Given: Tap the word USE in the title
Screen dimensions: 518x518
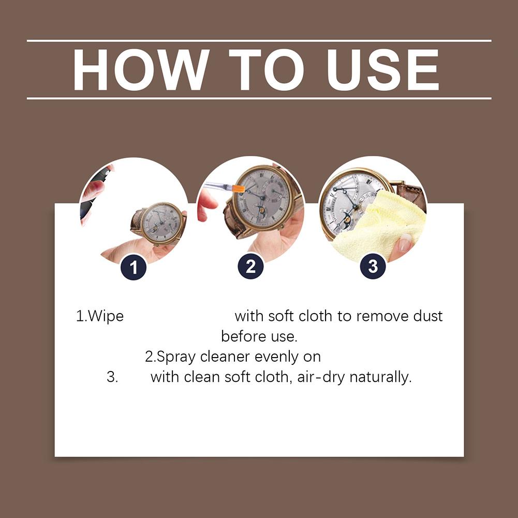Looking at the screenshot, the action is tap(383, 70).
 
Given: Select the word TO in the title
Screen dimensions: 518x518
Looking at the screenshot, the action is tap(267, 70).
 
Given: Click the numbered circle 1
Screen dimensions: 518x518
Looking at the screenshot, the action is tap(134, 267).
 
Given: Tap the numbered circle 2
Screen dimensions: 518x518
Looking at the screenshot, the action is tap(251, 267).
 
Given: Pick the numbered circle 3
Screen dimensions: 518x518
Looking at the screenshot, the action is tap(373, 267).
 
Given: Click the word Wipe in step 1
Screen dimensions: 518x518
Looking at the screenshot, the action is tap(106, 316).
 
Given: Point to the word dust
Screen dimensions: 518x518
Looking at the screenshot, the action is tap(428, 316).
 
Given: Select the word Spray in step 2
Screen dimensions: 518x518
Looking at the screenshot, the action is tap(176, 357).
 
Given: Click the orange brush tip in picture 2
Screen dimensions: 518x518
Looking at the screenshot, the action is tap(238, 189).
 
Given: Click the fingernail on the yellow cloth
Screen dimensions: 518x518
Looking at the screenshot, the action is tap(404, 243).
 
